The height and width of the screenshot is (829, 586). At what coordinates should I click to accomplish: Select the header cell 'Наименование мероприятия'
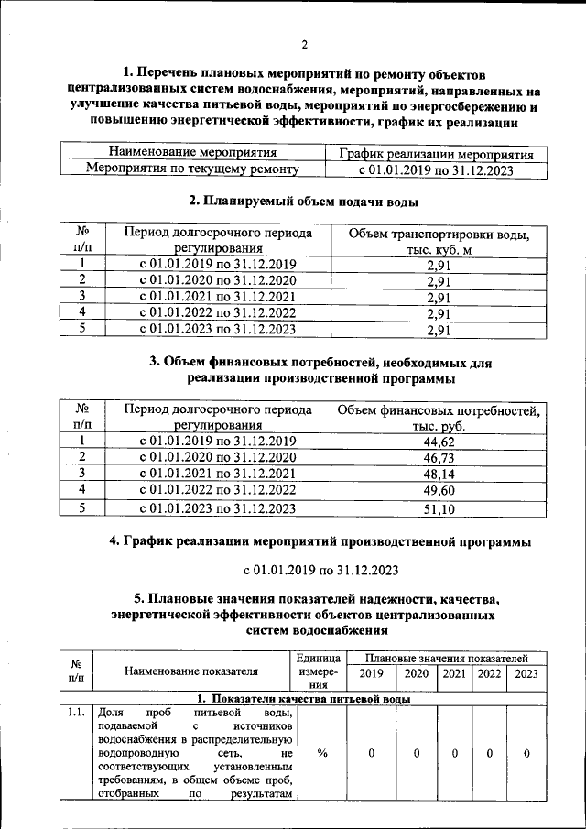click(192, 152)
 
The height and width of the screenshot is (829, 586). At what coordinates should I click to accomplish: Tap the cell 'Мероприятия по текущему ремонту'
click(192, 169)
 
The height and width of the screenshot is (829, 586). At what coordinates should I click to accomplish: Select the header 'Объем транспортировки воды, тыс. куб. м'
click(439, 242)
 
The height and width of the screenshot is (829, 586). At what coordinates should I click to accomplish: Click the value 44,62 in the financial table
click(439, 442)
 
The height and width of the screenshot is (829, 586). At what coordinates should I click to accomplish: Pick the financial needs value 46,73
click(439, 458)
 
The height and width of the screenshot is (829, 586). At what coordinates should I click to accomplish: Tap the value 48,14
click(439, 474)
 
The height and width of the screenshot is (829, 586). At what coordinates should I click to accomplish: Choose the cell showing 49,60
click(439, 491)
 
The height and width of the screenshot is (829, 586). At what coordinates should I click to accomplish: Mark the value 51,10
click(439, 509)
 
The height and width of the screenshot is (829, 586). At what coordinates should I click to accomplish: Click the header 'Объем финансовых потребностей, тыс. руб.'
click(439, 418)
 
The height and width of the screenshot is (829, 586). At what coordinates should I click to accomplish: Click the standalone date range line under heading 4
click(320, 571)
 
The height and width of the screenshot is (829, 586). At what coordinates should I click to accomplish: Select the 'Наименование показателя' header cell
click(191, 673)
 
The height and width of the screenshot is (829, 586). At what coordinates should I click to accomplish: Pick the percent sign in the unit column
click(322, 753)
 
